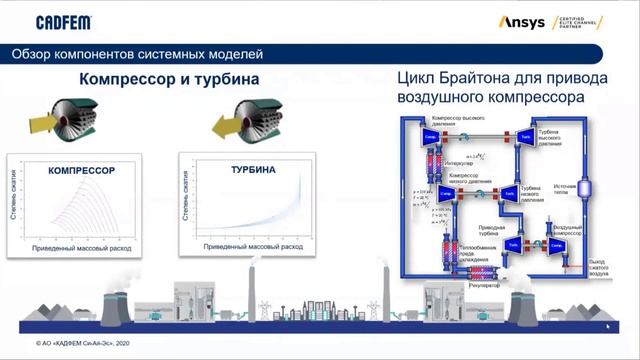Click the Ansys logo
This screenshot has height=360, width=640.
521,22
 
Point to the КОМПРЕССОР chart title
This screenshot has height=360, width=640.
82,171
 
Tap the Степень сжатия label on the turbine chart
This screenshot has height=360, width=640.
186,197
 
